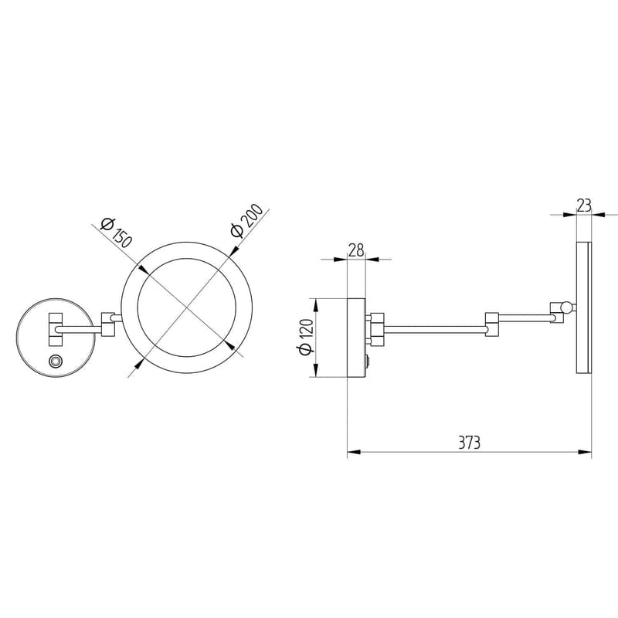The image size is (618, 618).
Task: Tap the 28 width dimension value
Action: [x=356, y=250]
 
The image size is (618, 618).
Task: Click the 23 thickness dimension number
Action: [x=584, y=205]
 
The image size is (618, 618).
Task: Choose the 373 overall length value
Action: [x=469, y=443]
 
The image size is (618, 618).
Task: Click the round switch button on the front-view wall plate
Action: [x=55, y=362]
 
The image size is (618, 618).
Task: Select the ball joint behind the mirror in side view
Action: [x=567, y=307]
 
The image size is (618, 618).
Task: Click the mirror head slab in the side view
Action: [x=584, y=309]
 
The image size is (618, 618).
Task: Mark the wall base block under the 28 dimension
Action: [x=356, y=338]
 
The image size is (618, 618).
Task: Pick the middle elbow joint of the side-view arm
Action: [x=491, y=324]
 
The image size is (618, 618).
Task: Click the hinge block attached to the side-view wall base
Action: [x=376, y=327]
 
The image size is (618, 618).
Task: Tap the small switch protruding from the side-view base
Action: [x=368, y=362]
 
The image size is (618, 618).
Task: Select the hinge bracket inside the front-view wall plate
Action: [x=56, y=328]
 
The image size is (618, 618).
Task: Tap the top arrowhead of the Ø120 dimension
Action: [x=314, y=301]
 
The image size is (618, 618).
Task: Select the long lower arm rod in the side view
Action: [x=433, y=330]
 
